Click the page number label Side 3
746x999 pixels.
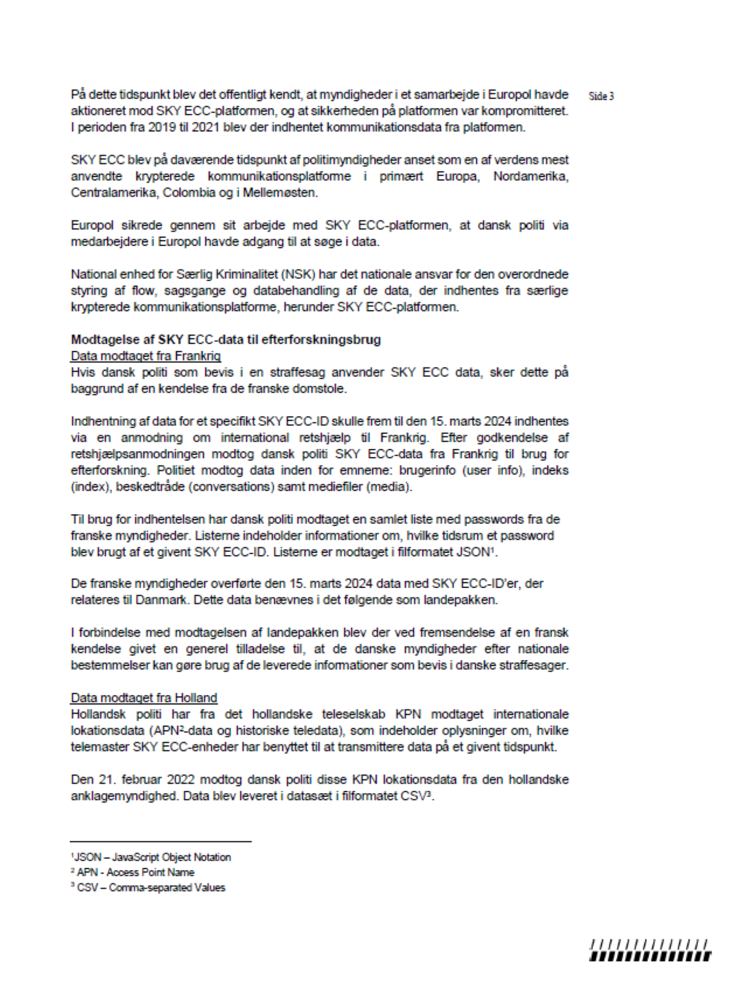(x=601, y=96)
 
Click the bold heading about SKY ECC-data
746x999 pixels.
(x=226, y=339)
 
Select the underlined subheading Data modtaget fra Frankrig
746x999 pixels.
(x=146, y=356)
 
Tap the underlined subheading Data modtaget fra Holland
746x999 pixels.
(x=143, y=698)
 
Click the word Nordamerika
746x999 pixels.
(x=531, y=176)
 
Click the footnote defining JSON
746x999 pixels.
(x=151, y=857)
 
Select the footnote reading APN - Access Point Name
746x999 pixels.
(x=133, y=873)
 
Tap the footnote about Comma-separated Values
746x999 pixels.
(x=148, y=888)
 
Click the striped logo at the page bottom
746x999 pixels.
(x=650, y=950)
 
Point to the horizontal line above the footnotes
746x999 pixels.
(x=161, y=841)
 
